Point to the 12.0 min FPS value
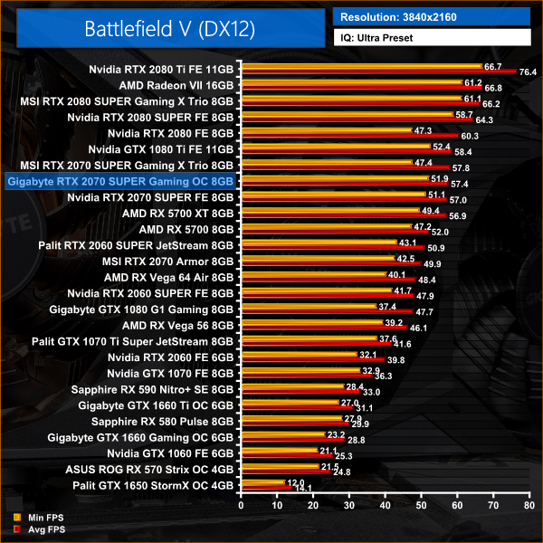[295, 483]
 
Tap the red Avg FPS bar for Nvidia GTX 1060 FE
[285, 456]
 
